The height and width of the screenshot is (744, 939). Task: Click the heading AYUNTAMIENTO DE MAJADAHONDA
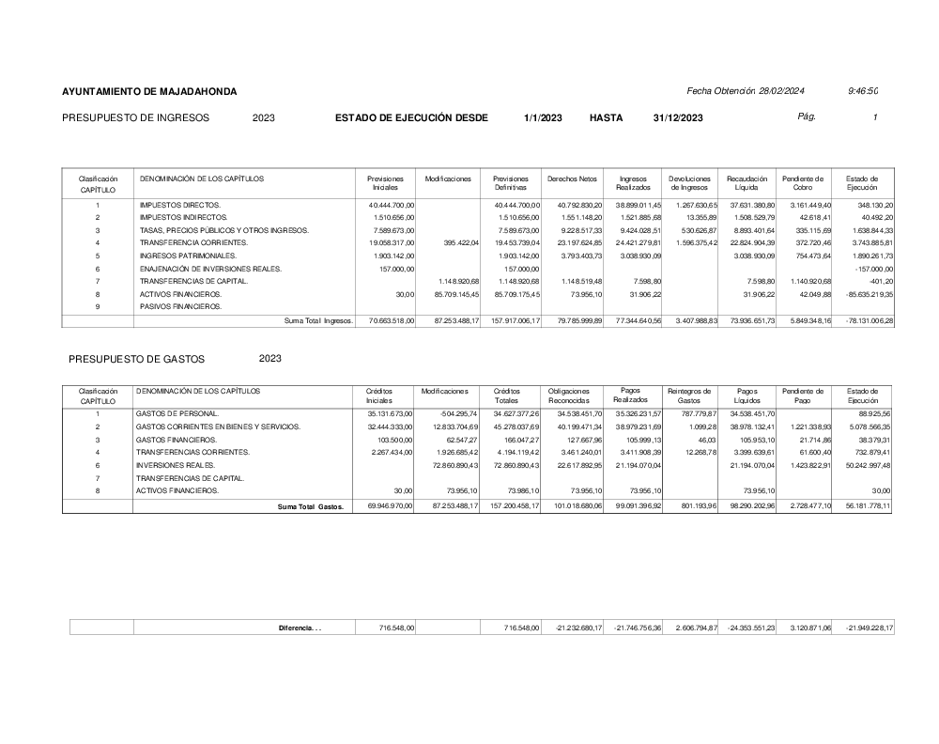tap(149, 91)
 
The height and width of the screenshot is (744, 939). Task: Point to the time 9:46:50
tap(862, 91)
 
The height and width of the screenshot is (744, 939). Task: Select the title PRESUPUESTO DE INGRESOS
tap(135, 117)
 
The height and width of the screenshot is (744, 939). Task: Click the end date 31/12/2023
tap(677, 117)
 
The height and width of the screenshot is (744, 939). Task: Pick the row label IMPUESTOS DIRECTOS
tap(180, 204)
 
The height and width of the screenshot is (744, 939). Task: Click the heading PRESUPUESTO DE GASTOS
tap(136, 359)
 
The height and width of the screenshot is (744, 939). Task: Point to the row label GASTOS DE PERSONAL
tap(177, 413)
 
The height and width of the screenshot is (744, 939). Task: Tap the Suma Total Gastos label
tap(310, 506)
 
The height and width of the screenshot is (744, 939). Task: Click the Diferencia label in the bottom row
tap(300, 628)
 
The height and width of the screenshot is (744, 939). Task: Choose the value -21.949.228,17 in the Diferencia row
tap(869, 628)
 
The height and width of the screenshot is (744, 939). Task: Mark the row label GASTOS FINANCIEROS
tap(177, 440)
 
